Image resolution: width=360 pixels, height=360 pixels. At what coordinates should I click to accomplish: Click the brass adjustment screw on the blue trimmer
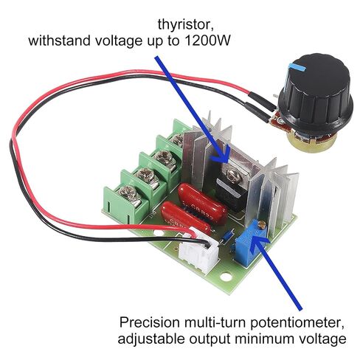263,224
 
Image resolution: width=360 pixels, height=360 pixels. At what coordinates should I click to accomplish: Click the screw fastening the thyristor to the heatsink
232,175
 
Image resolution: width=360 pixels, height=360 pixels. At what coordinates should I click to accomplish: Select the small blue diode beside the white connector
226,236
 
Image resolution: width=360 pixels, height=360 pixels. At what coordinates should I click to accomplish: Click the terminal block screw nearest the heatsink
177,139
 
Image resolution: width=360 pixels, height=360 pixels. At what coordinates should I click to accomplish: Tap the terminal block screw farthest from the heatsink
128,193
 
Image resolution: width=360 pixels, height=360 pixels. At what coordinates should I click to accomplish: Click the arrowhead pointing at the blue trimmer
258,241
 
